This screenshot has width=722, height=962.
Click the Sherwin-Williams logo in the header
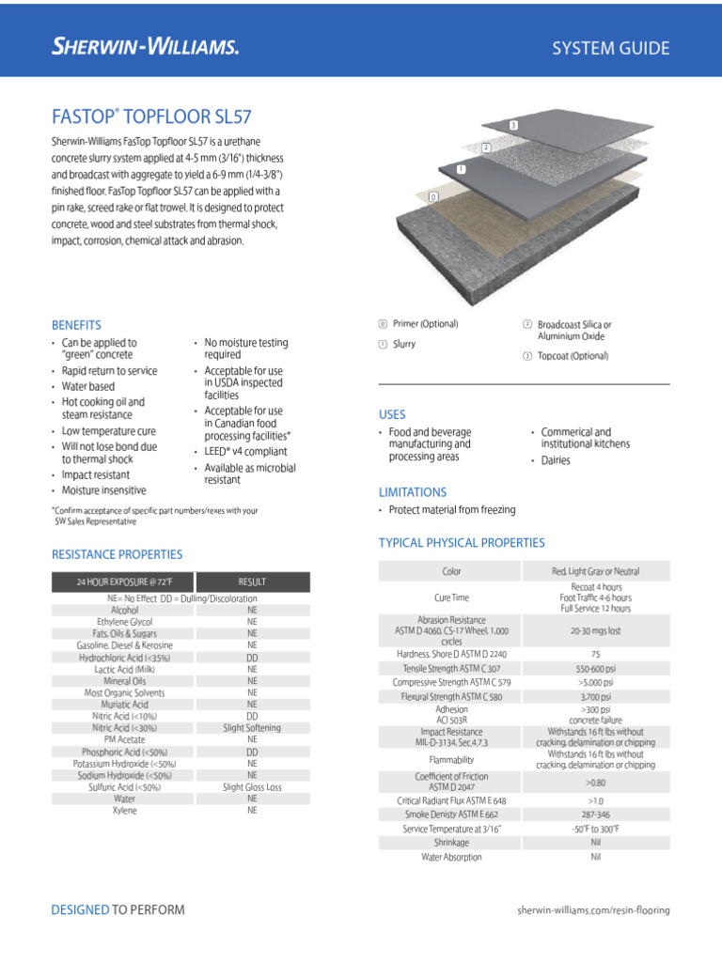click(x=145, y=47)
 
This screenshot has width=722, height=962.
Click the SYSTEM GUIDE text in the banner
click(x=610, y=48)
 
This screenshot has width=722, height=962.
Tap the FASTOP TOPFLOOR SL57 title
click(x=151, y=117)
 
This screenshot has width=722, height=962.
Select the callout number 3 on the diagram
click(x=513, y=125)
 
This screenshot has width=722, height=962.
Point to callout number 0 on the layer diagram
click(x=432, y=197)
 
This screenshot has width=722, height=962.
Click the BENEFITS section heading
click(x=76, y=325)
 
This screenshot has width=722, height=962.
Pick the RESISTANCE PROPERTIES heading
click(x=117, y=554)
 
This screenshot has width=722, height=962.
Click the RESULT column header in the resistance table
click(x=252, y=582)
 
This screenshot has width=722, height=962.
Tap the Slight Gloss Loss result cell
click(x=252, y=786)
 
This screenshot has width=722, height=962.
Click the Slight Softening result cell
click(x=252, y=727)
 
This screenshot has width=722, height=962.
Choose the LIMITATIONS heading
click(x=412, y=492)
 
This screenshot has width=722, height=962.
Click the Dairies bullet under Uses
click(x=555, y=460)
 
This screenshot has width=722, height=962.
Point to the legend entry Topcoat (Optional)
click(x=573, y=356)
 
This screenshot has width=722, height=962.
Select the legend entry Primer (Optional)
click(x=425, y=324)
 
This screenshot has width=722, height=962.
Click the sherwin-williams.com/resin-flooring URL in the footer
click(x=594, y=910)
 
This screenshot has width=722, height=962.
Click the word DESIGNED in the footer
click(x=80, y=909)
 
